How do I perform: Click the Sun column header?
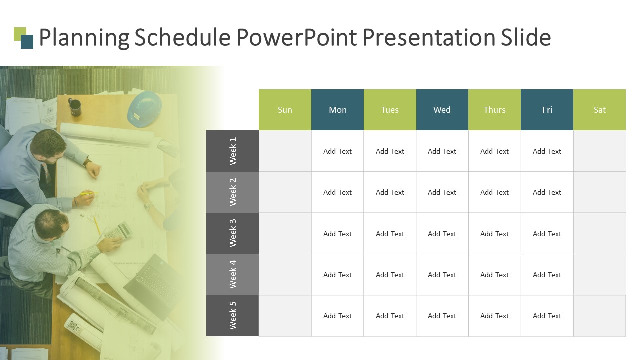pyautogui.click(x=285, y=110)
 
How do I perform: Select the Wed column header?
pyautogui.click(x=442, y=110)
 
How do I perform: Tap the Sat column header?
pyautogui.click(x=599, y=110)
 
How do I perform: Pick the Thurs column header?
pyautogui.click(x=494, y=110)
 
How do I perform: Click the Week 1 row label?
pyautogui.click(x=233, y=151)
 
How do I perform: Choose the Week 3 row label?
pyautogui.click(x=233, y=233)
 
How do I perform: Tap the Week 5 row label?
pyautogui.click(x=233, y=315)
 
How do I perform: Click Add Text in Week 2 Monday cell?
pyautogui.click(x=337, y=192)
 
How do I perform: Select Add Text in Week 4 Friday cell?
pyautogui.click(x=547, y=275)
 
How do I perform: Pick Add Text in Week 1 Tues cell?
pyautogui.click(x=390, y=151)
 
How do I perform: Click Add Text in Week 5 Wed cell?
pyautogui.click(x=442, y=316)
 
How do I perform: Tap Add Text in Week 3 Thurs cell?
pyautogui.click(x=494, y=234)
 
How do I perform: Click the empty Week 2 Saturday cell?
pyautogui.click(x=599, y=192)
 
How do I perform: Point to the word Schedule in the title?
pyautogui.click(x=182, y=37)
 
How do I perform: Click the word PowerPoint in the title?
pyautogui.click(x=297, y=37)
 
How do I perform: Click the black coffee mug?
pyautogui.click(x=75, y=107)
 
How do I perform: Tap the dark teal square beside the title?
pyautogui.click(x=27, y=41)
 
